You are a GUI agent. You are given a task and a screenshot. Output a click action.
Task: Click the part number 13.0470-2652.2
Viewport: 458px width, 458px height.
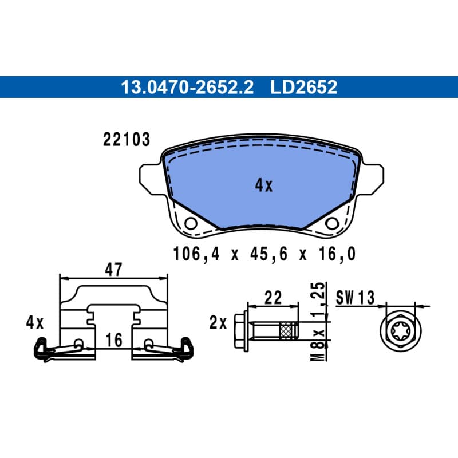point(187,87)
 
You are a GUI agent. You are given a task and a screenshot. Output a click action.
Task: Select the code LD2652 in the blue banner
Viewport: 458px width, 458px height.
point(304,87)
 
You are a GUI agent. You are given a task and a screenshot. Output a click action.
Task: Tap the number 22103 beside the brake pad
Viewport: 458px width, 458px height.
point(127,139)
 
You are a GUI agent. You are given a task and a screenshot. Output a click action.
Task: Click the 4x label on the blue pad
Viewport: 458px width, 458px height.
point(264,185)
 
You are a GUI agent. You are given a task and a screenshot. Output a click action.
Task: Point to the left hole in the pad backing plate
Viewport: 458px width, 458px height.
point(191,224)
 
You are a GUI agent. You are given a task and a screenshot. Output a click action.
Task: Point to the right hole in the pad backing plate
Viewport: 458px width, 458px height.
point(332,224)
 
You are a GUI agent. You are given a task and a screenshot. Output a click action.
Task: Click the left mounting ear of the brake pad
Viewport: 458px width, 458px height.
point(151,179)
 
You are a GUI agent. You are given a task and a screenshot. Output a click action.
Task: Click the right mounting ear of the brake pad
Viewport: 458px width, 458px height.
point(372,179)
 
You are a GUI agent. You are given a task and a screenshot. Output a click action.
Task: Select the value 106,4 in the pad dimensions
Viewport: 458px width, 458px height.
point(196,254)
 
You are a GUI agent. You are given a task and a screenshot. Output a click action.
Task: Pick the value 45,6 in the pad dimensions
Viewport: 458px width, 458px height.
point(269,254)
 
